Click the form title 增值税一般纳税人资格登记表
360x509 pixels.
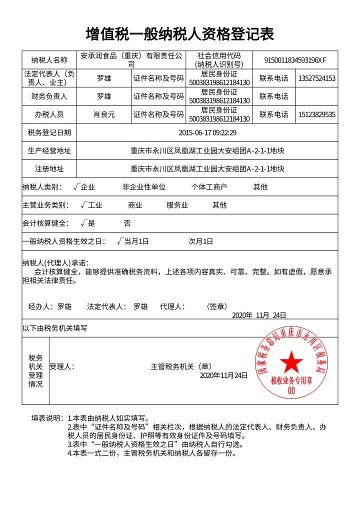[179, 34]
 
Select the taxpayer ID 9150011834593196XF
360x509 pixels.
[295, 60]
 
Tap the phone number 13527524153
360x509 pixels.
[316, 78]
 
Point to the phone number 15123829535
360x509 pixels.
[316, 114]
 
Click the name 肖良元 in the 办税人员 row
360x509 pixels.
[104, 114]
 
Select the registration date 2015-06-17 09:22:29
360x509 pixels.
[207, 132]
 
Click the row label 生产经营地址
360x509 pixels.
[49, 150]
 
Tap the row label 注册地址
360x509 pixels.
[49, 168]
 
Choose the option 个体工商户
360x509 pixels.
[209, 187]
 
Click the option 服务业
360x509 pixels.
[177, 205]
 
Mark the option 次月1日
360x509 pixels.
[200, 241]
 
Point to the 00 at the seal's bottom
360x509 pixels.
[291, 392]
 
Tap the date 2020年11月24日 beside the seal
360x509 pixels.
[223, 375]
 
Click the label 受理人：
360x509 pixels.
[61, 366]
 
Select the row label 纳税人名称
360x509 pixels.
[49, 60]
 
